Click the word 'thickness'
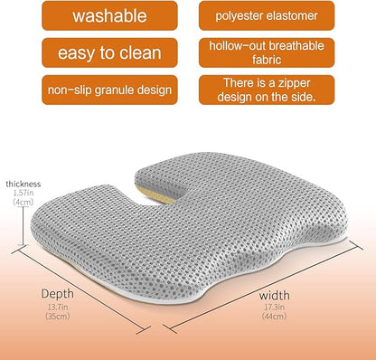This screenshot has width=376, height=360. point(23,184)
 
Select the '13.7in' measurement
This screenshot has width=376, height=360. point(58,308)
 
